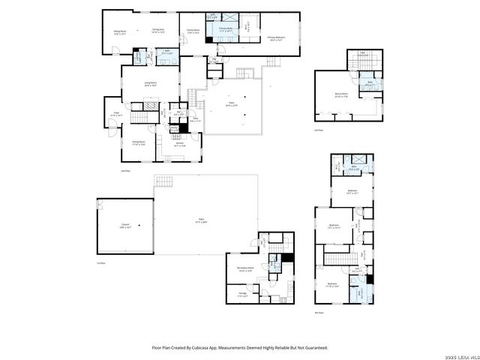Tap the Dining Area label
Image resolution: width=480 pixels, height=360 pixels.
(x=157, y=31)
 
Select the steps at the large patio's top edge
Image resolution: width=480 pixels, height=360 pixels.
(x=163, y=182)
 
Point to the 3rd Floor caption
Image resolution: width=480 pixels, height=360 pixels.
(x=319, y=130)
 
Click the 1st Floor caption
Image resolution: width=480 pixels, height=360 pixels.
(x=100, y=263)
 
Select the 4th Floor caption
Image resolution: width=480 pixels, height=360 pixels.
(x=319, y=313)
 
